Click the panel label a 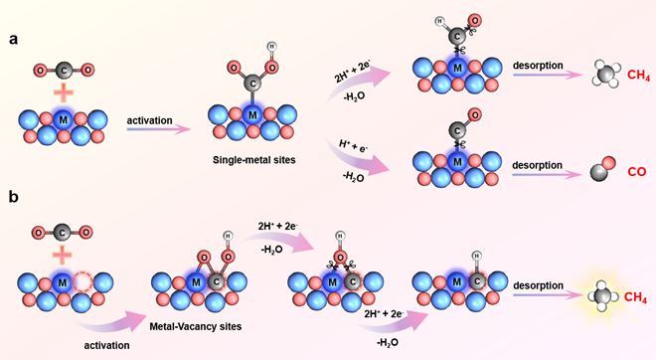(x=14, y=40)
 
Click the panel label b (x=14, y=197)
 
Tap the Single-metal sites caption (x=253, y=160)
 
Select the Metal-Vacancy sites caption (x=196, y=326)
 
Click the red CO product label (x=637, y=172)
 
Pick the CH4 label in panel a (x=638, y=76)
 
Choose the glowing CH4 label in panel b (x=635, y=297)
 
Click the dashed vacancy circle (x=83, y=283)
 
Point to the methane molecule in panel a (x=605, y=74)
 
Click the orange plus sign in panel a (x=64, y=93)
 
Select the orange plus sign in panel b (x=63, y=255)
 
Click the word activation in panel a (x=150, y=120)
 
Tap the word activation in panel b (x=106, y=346)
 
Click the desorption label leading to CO (x=537, y=165)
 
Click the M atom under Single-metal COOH (x=252, y=115)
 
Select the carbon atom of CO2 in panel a (x=64, y=71)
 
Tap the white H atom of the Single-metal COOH (x=272, y=46)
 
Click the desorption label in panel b (x=539, y=285)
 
